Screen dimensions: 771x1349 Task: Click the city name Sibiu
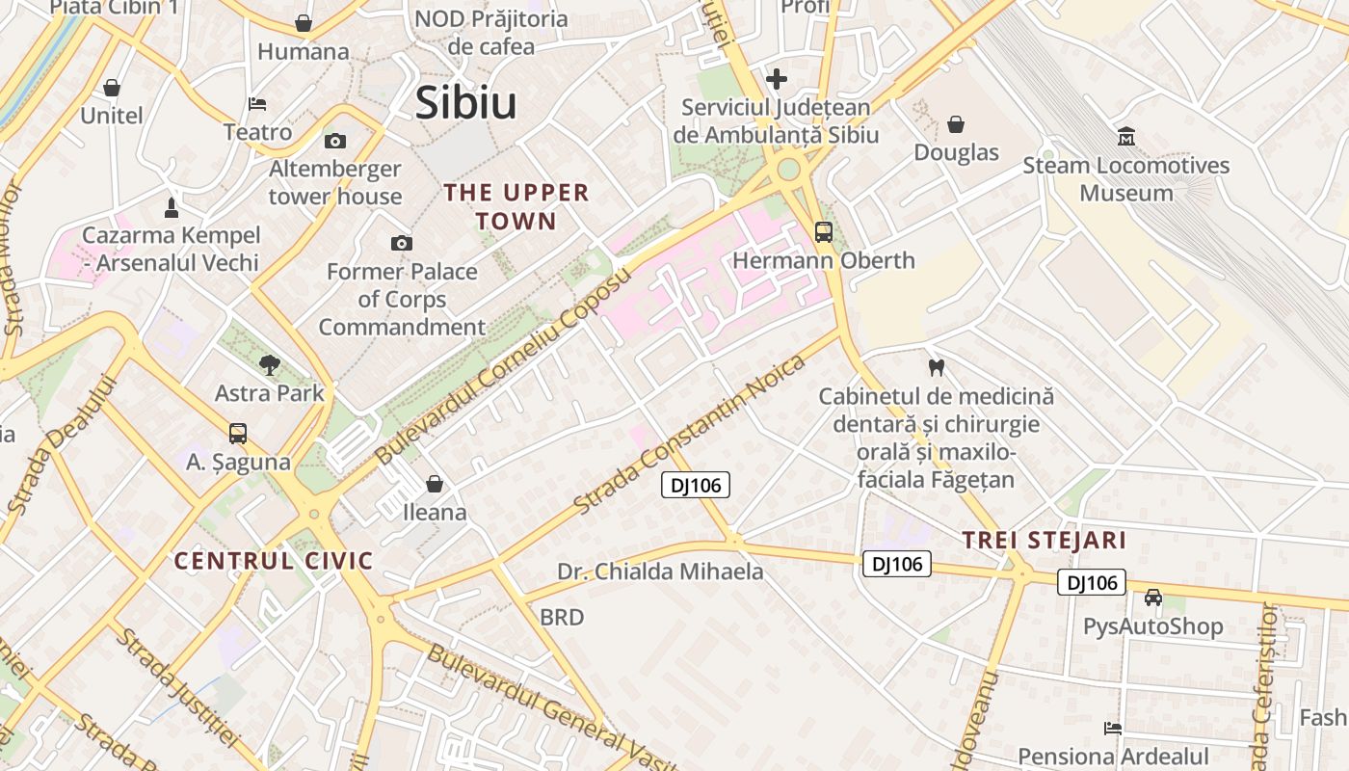coord(465,103)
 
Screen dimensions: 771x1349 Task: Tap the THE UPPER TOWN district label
coord(516,206)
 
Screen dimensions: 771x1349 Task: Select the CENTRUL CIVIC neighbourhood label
coord(274,561)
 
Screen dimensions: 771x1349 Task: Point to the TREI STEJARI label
coord(1045,540)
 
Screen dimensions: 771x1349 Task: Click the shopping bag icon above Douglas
coord(956,124)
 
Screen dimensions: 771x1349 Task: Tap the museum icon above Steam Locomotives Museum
coord(1125,137)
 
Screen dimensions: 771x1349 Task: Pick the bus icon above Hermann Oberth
coord(824,232)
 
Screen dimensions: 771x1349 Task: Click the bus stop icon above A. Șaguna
coord(238,434)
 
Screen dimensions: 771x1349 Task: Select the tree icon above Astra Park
coord(270,364)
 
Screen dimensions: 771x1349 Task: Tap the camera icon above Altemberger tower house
coord(335,141)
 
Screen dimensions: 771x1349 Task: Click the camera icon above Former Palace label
coord(402,243)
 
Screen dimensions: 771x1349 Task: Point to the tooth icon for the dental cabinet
coord(935,367)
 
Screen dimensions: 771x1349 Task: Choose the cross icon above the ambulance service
coord(777,79)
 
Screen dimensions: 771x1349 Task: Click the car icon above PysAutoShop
coord(1153,598)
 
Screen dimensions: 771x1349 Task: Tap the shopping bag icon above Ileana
coord(435,484)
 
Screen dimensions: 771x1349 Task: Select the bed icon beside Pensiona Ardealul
coord(1113,729)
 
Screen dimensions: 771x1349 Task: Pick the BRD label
coord(562,617)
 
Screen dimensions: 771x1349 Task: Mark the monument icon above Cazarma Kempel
coord(172,207)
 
